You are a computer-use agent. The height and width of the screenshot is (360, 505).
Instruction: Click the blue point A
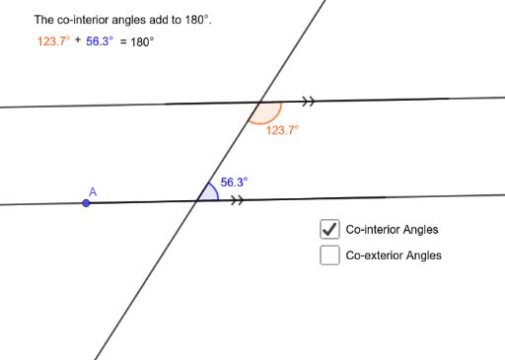click(87, 203)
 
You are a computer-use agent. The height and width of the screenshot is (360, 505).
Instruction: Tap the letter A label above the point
click(93, 190)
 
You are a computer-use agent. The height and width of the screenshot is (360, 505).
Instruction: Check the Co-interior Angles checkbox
click(329, 229)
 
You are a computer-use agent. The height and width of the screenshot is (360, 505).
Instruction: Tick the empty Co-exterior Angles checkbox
click(329, 255)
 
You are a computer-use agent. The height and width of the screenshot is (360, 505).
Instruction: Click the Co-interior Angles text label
click(392, 230)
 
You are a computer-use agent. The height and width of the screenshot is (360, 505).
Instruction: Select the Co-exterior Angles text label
click(394, 255)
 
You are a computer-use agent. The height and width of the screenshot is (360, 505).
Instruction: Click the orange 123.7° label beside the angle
click(282, 129)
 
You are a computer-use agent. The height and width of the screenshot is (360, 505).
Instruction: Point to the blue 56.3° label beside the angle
click(234, 181)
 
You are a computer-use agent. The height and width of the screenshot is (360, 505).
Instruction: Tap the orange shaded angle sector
click(265, 112)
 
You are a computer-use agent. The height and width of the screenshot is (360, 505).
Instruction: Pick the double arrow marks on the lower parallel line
click(237, 200)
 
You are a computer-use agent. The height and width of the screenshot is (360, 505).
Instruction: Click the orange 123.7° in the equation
click(48, 42)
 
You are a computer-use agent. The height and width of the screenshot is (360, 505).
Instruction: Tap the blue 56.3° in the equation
click(99, 42)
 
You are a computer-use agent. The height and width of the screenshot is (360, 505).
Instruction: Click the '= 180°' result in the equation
click(137, 42)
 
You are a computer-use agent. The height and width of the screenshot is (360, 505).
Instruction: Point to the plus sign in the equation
click(77, 41)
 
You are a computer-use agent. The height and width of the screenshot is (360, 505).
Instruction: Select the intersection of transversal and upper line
click(259, 102)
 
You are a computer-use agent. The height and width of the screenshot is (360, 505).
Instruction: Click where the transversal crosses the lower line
click(196, 201)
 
